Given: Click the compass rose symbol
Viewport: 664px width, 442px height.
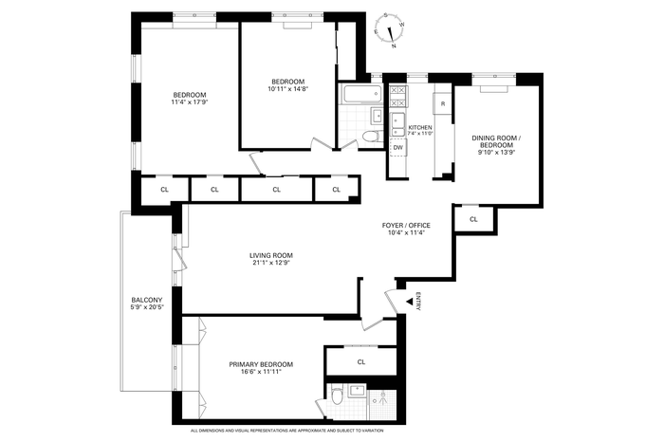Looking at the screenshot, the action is (389, 30).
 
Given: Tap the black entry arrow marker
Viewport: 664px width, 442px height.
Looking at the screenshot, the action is (410, 302).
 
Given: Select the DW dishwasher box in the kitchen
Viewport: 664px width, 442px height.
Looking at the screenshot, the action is (398, 147).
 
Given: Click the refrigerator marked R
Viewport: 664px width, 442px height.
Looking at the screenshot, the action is (443, 103).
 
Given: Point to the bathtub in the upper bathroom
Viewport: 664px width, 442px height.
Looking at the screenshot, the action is (363, 94).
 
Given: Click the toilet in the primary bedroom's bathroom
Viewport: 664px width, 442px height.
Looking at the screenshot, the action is (338, 396).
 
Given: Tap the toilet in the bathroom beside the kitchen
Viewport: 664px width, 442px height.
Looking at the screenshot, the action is (373, 136).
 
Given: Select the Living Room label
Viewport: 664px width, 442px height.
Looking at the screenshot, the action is (271, 256).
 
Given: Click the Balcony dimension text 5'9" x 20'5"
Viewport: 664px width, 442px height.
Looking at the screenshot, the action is (146, 307).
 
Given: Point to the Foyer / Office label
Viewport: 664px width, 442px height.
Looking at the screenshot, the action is (406, 225).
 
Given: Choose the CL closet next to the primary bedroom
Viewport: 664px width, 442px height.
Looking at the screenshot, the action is (361, 362).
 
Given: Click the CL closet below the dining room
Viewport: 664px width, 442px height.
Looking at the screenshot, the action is (473, 219).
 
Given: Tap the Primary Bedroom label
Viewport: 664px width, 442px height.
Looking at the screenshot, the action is (261, 364).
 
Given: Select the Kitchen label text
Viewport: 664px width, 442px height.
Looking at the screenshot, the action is (420, 127).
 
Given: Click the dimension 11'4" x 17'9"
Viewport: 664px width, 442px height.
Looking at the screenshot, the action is (190, 101).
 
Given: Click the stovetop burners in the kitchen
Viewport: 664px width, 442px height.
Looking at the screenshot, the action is (398, 96).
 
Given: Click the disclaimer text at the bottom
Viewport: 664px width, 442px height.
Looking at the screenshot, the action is (287, 431).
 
